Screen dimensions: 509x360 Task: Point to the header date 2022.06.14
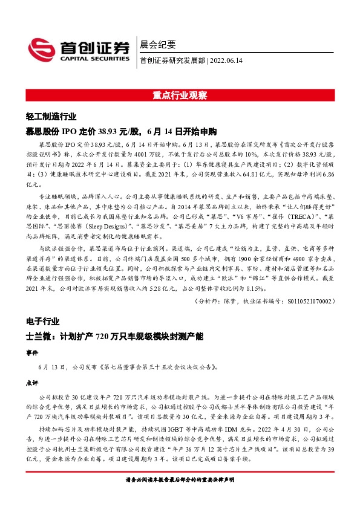(227, 60)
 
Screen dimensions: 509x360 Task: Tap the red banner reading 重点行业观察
(180, 96)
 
